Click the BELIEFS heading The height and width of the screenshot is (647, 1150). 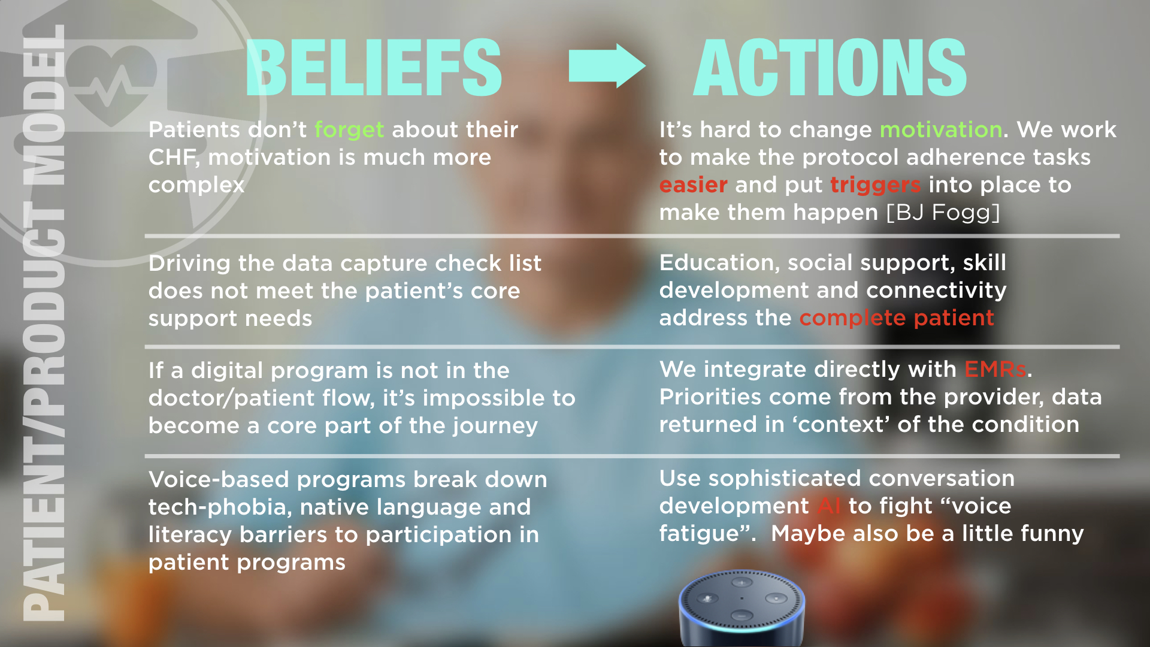pos(374,67)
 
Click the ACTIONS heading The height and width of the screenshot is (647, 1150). pos(830,67)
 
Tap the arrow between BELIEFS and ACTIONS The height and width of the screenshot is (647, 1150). pos(607,66)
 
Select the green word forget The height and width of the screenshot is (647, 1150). pos(349,130)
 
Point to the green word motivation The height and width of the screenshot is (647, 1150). pos(941,129)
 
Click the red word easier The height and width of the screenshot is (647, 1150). pos(694,185)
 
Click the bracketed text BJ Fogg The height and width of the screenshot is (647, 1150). pos(943,213)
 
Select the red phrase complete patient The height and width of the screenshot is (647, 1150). pos(897,318)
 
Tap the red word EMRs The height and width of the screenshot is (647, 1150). pos(995,369)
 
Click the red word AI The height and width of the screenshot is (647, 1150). pos(830,506)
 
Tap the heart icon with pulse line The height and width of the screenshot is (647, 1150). pos(111,84)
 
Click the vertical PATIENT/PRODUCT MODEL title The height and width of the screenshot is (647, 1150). pos(43,323)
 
